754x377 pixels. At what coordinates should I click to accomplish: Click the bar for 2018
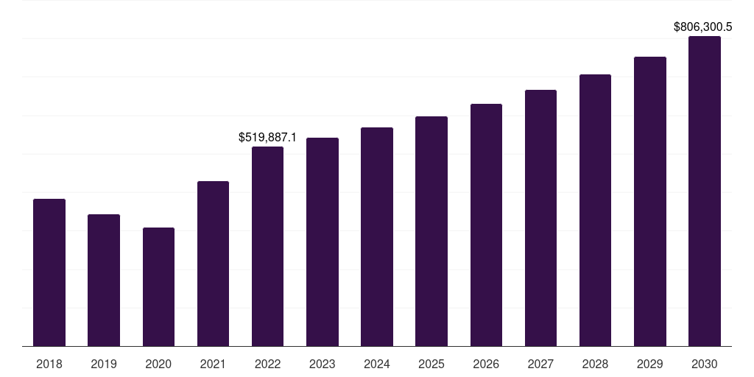49,272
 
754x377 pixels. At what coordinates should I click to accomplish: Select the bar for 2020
158,287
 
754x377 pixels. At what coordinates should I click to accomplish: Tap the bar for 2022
267,247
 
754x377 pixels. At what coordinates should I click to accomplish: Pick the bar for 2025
431,231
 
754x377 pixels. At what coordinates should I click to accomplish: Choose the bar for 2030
705,191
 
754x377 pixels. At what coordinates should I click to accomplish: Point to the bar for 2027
540,218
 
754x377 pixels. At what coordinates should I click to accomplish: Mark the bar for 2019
104,281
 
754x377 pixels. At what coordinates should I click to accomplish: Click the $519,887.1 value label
267,137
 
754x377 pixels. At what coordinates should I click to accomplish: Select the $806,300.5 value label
703,27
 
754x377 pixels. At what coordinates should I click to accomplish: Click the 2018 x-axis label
49,364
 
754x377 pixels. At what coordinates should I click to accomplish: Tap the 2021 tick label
213,364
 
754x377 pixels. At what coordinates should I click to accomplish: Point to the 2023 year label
323,364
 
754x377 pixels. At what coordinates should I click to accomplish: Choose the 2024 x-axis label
377,364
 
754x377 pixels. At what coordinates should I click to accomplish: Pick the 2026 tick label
486,364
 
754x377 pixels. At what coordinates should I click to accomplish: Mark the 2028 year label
595,364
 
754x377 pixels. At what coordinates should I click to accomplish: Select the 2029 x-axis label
650,364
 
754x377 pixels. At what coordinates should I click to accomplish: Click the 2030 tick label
705,364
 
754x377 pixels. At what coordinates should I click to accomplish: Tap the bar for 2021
213,264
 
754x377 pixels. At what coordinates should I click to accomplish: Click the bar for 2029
650,202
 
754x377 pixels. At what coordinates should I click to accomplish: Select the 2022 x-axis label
267,364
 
